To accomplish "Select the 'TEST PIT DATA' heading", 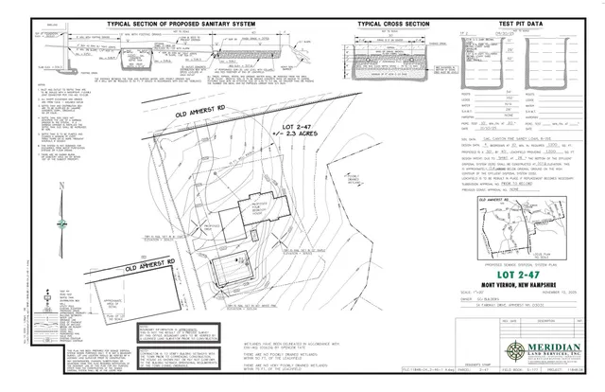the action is [513, 22].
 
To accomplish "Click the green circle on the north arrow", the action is [61, 224].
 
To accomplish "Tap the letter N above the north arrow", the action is [61, 186].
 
